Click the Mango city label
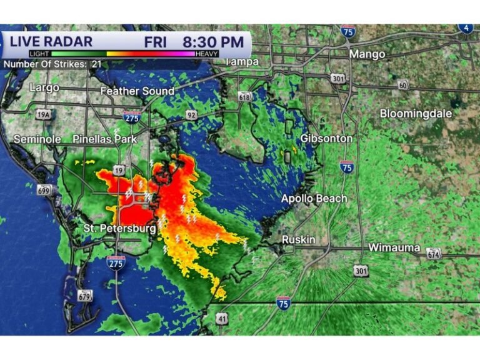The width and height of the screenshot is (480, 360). click(x=367, y=54)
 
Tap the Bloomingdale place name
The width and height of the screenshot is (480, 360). click(x=416, y=114)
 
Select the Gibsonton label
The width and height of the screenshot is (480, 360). click(x=326, y=138)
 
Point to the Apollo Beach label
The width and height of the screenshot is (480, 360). click(x=313, y=199)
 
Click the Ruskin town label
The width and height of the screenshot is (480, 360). click(x=298, y=240)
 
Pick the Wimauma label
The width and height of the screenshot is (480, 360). click(x=394, y=247)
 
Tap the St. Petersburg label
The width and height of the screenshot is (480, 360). click(x=119, y=229)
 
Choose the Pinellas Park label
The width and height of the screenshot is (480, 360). click(x=104, y=139)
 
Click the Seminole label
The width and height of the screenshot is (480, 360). click(x=37, y=139)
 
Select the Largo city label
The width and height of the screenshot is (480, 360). click(x=44, y=87)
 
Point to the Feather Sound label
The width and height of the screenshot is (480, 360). click(x=137, y=91)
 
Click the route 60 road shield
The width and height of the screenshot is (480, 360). click(x=403, y=85)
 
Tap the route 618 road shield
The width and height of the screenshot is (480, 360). click(x=244, y=96)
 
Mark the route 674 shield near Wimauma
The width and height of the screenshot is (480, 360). click(x=434, y=253)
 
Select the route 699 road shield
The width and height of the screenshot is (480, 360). click(x=44, y=190)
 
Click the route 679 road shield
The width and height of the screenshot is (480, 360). click(x=85, y=296)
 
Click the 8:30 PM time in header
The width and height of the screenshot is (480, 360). click(x=212, y=42)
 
